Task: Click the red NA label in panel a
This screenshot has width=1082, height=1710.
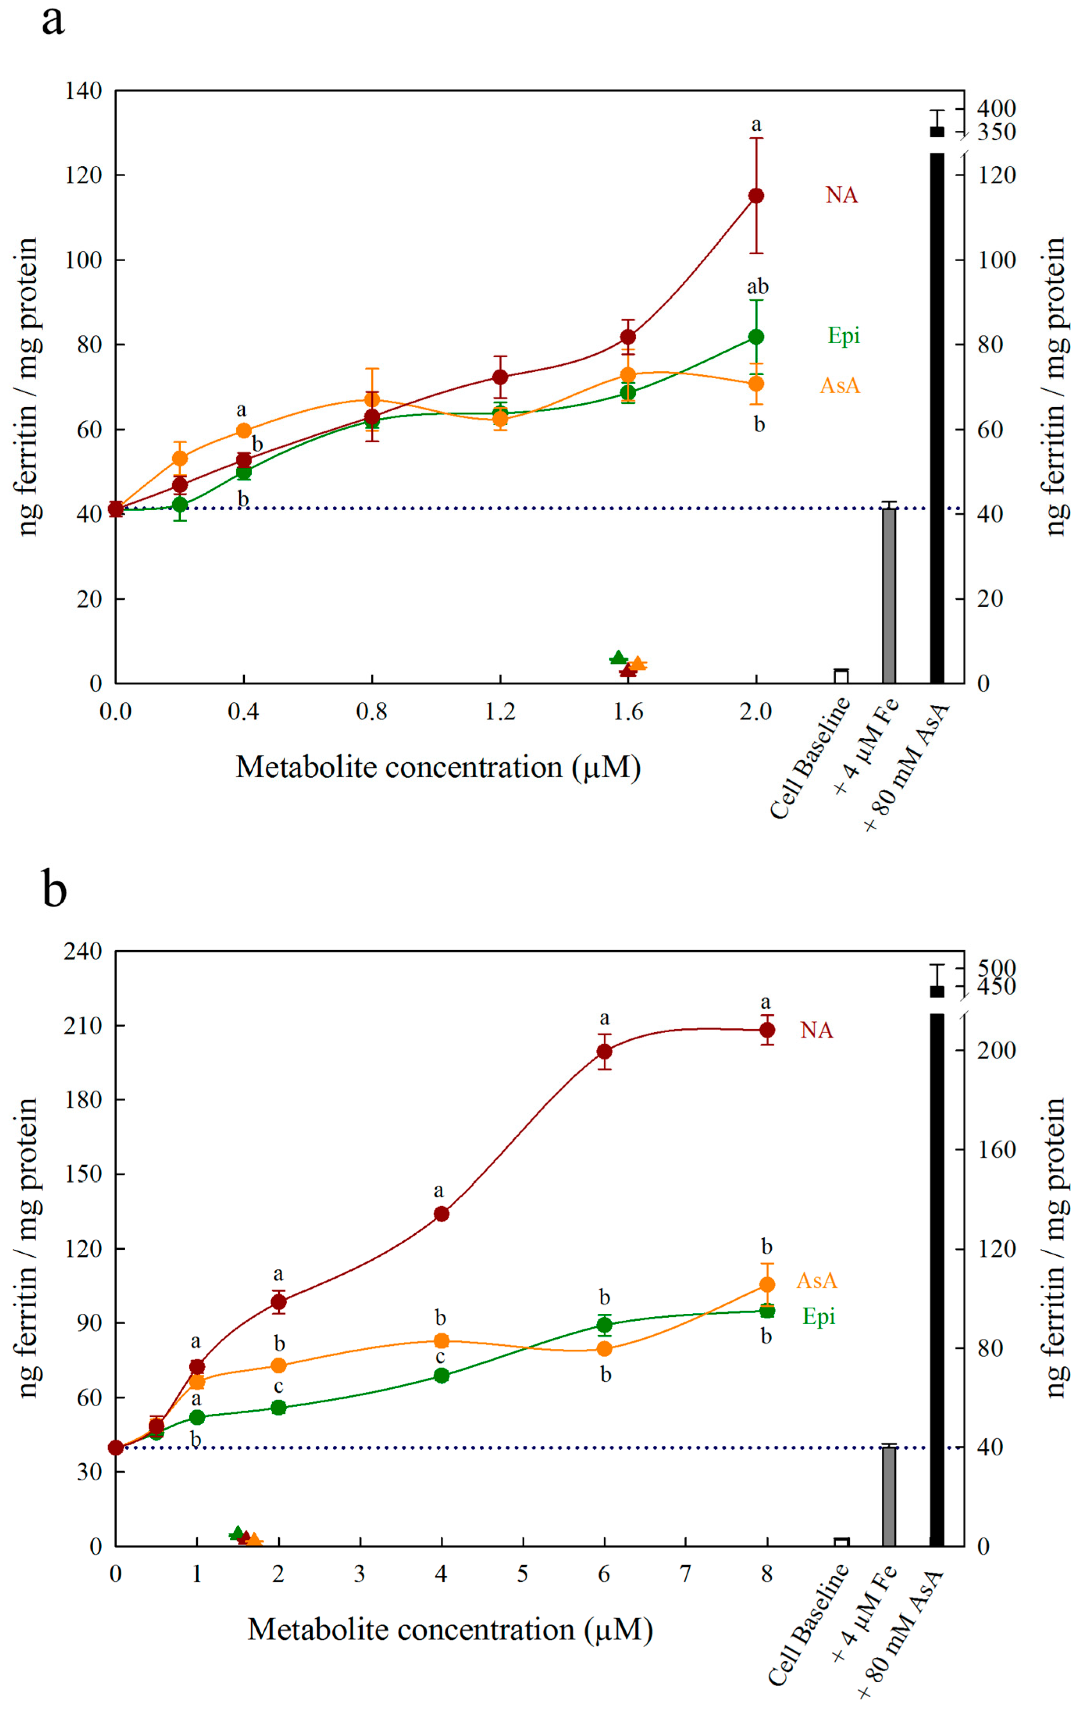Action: tap(841, 195)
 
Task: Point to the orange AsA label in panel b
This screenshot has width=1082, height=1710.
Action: tap(817, 1281)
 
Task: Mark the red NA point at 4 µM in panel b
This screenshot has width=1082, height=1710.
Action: tap(441, 1214)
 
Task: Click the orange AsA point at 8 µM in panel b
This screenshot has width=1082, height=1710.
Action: tap(766, 1284)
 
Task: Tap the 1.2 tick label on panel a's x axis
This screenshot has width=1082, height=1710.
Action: tap(500, 711)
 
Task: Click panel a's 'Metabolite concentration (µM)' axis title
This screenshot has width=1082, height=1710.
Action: tap(438, 767)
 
